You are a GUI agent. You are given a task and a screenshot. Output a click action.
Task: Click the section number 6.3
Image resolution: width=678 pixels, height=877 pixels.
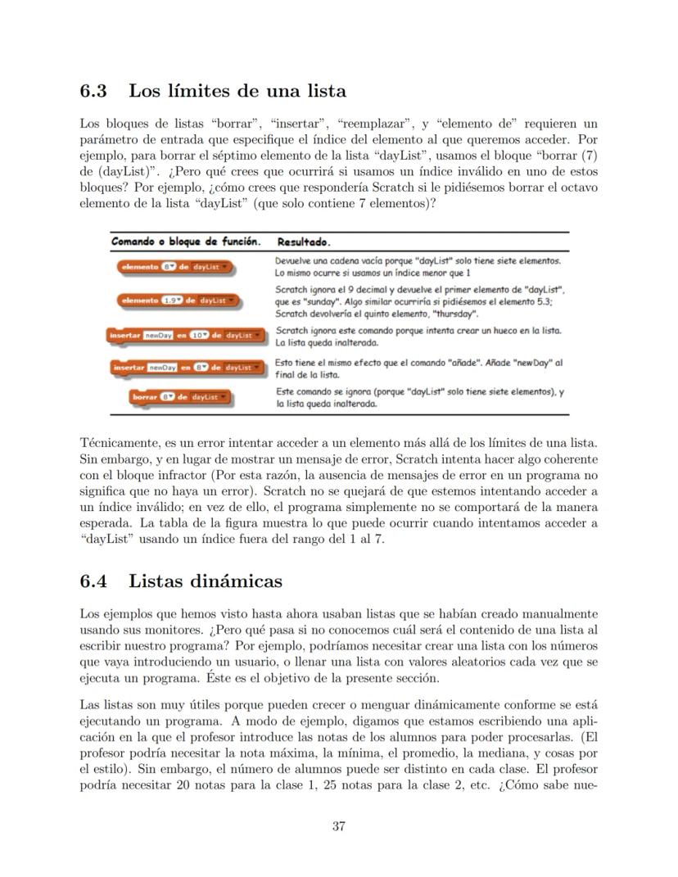pyautogui.click(x=96, y=91)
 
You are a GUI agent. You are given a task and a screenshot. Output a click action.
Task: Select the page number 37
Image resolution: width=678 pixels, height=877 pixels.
pyautogui.click(x=338, y=825)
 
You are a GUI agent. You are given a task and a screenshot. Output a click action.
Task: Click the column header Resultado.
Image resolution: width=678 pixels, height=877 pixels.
pyautogui.click(x=304, y=243)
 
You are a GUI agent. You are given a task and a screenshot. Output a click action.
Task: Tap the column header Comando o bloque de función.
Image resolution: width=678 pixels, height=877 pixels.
pyautogui.click(x=186, y=242)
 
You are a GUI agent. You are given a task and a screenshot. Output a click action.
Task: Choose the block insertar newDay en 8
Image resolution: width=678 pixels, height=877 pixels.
pyautogui.click(x=185, y=368)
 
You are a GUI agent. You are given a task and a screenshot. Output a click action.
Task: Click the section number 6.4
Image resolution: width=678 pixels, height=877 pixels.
pyautogui.click(x=96, y=581)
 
